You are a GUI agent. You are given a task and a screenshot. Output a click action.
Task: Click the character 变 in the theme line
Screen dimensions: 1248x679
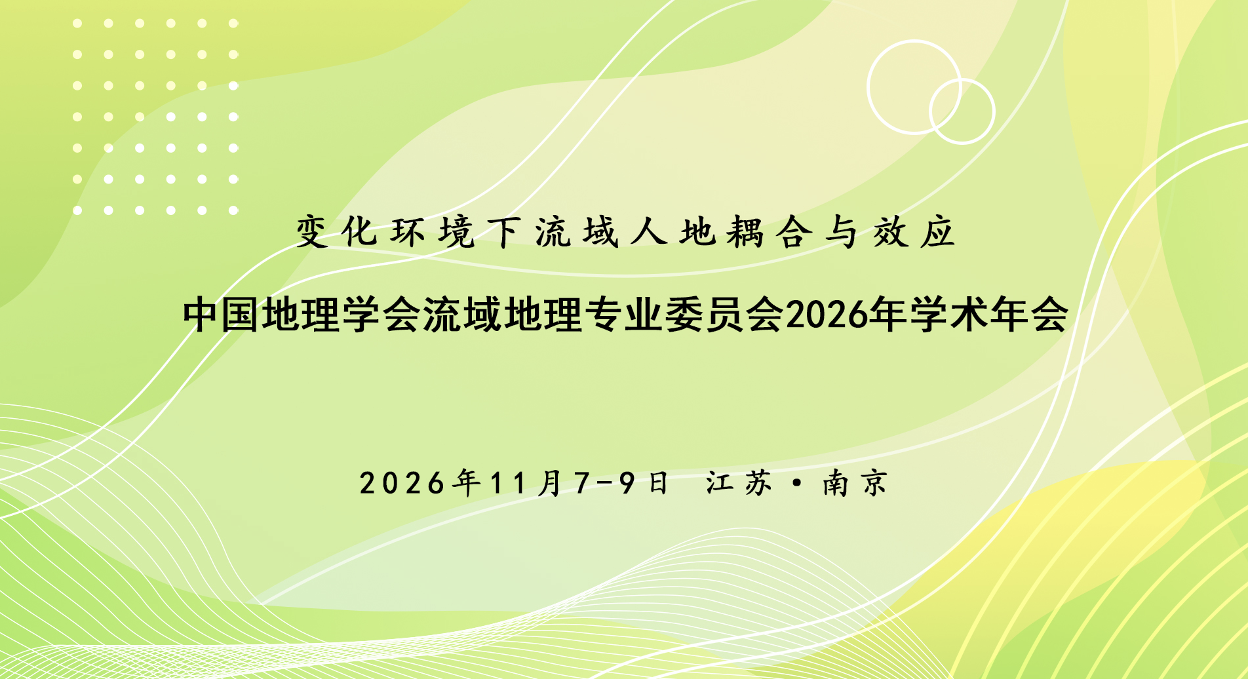(313, 232)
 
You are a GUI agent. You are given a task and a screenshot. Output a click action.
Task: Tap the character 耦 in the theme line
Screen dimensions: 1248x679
(745, 232)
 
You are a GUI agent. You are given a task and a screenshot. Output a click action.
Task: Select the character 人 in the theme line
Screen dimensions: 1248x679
(649, 232)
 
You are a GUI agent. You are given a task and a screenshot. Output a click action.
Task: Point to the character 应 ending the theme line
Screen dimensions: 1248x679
(937, 232)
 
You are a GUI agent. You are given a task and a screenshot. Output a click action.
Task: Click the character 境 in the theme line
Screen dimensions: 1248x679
(457, 232)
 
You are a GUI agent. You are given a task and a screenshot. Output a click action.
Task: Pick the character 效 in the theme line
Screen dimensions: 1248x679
(889, 232)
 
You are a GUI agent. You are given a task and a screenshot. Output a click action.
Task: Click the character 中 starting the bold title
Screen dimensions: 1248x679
(201, 315)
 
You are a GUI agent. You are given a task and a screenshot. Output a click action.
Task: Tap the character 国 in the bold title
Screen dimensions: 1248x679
(241, 315)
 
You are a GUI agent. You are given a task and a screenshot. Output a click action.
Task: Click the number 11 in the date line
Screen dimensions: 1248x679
(509, 484)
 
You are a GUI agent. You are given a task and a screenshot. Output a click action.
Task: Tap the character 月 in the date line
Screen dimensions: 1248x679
(549, 484)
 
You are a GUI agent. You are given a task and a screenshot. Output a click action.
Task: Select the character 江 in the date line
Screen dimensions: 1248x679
(720, 484)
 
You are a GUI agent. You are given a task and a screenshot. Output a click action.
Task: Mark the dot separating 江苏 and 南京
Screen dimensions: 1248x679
(797, 484)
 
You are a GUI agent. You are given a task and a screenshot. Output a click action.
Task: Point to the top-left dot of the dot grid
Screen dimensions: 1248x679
(77, 24)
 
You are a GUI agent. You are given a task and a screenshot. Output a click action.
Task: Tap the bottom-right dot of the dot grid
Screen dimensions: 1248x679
(233, 210)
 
